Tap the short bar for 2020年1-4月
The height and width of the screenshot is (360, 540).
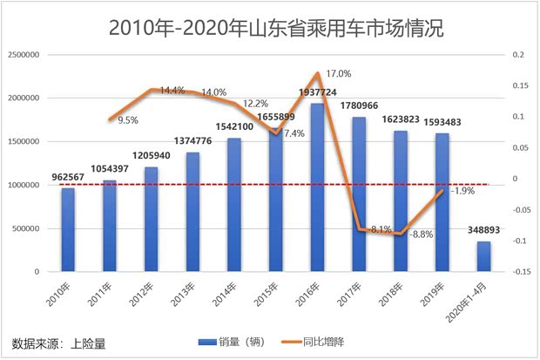pos(483,256)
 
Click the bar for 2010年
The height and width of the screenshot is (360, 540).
pos(68,229)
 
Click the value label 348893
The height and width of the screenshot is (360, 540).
pos(483,232)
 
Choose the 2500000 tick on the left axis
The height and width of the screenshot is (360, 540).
pos(25,54)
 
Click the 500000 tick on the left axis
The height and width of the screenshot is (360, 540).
pos(28,228)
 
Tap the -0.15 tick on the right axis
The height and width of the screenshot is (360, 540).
pos(521,272)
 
